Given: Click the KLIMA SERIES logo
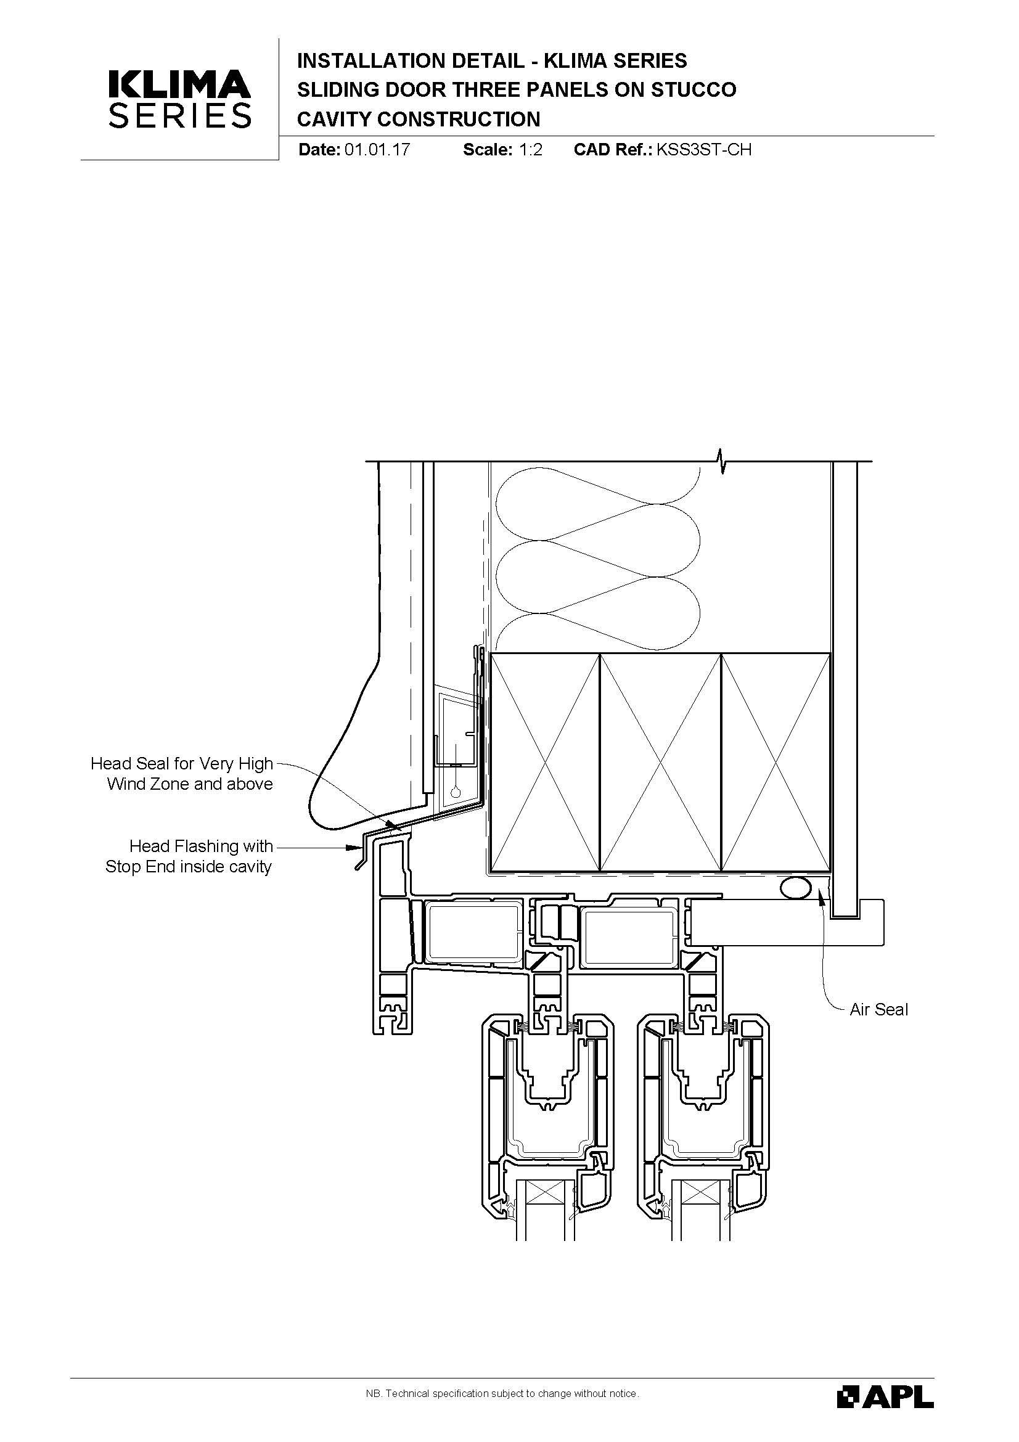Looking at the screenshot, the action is (179, 99).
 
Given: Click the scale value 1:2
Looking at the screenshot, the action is (531, 149).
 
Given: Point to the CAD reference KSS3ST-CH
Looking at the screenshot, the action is (704, 149).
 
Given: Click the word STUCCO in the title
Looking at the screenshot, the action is (693, 90).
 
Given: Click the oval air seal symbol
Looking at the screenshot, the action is (795, 888).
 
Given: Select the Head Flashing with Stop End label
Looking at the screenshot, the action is (189, 856).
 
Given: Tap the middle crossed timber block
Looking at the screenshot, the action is (660, 763).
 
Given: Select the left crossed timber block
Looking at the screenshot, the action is (545, 763).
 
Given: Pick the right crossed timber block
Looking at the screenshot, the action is (776, 763).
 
